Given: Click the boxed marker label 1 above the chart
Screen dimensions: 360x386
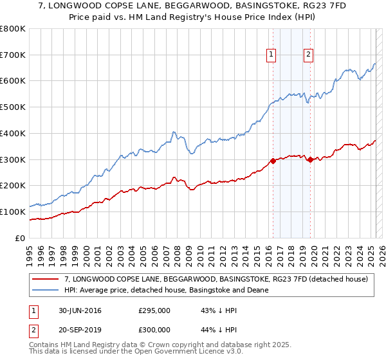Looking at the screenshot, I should (271, 55).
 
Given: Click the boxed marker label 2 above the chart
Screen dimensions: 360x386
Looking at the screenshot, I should (309, 55).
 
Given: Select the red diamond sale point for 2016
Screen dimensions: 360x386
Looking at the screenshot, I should (273, 161).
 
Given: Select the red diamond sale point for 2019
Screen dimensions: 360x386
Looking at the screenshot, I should (310, 159).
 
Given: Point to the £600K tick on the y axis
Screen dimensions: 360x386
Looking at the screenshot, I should (13, 81).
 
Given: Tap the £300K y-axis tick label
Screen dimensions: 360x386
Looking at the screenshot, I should (13, 159).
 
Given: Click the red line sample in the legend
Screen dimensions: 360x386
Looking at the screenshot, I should (45, 279).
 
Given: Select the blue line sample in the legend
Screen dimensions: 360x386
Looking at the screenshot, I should (45, 290).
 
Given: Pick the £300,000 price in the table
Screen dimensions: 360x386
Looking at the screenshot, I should (154, 330).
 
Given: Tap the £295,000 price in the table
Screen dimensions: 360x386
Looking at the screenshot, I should (154, 310).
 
